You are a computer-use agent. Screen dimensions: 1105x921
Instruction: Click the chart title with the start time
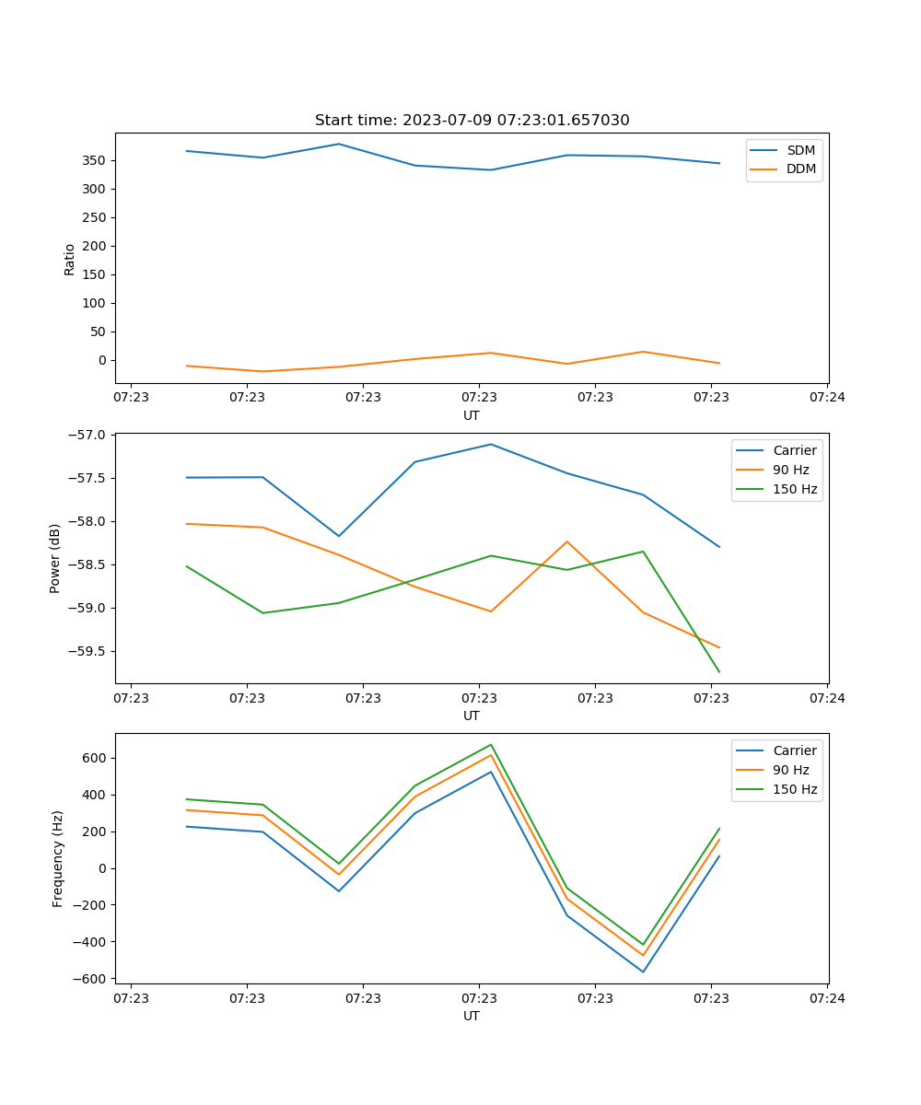472,121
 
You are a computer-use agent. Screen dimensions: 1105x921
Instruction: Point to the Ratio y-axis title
70,258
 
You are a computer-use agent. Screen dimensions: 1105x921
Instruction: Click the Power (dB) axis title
55,558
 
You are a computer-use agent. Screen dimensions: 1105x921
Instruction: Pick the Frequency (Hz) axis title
57,858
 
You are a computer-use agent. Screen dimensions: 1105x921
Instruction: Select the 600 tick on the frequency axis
96,758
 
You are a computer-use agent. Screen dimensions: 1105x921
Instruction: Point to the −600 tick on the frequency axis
92,978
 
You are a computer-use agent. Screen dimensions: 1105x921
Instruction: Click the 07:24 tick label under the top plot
827,398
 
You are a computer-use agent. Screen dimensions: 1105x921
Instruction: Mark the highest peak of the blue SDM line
339,144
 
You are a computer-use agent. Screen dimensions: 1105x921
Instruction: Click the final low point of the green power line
719,672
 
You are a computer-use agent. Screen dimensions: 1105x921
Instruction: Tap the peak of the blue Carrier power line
491,444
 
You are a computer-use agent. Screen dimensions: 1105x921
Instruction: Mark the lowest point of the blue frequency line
643,971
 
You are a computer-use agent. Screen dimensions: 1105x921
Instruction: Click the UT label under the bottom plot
472,1016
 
